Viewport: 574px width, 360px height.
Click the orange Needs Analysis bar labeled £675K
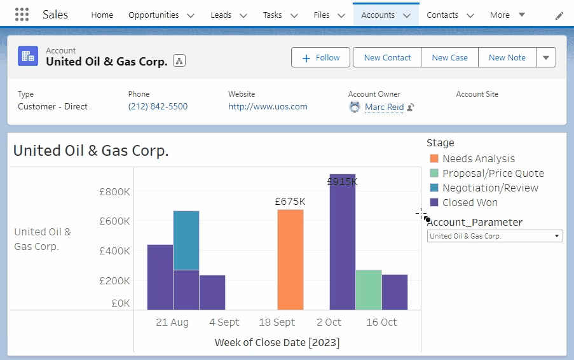290,260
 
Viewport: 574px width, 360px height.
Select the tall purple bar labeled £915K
342,242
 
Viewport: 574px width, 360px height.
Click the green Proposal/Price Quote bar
368,289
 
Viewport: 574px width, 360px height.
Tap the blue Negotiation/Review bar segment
186,240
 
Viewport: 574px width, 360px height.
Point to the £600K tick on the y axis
114,221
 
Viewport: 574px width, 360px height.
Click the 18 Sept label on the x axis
277,322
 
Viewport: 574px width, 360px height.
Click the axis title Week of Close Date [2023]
277,343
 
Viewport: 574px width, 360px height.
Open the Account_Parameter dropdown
495,236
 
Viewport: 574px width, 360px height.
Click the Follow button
320,57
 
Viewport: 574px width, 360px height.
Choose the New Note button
507,57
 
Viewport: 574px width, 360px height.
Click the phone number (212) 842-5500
158,107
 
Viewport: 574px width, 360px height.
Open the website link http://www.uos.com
268,107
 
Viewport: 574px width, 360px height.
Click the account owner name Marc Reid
384,107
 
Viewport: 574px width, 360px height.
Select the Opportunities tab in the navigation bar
154,15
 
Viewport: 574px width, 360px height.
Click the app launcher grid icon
22,15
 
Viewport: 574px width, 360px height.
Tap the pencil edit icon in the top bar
559,15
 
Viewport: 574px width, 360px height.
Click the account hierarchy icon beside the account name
179,61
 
